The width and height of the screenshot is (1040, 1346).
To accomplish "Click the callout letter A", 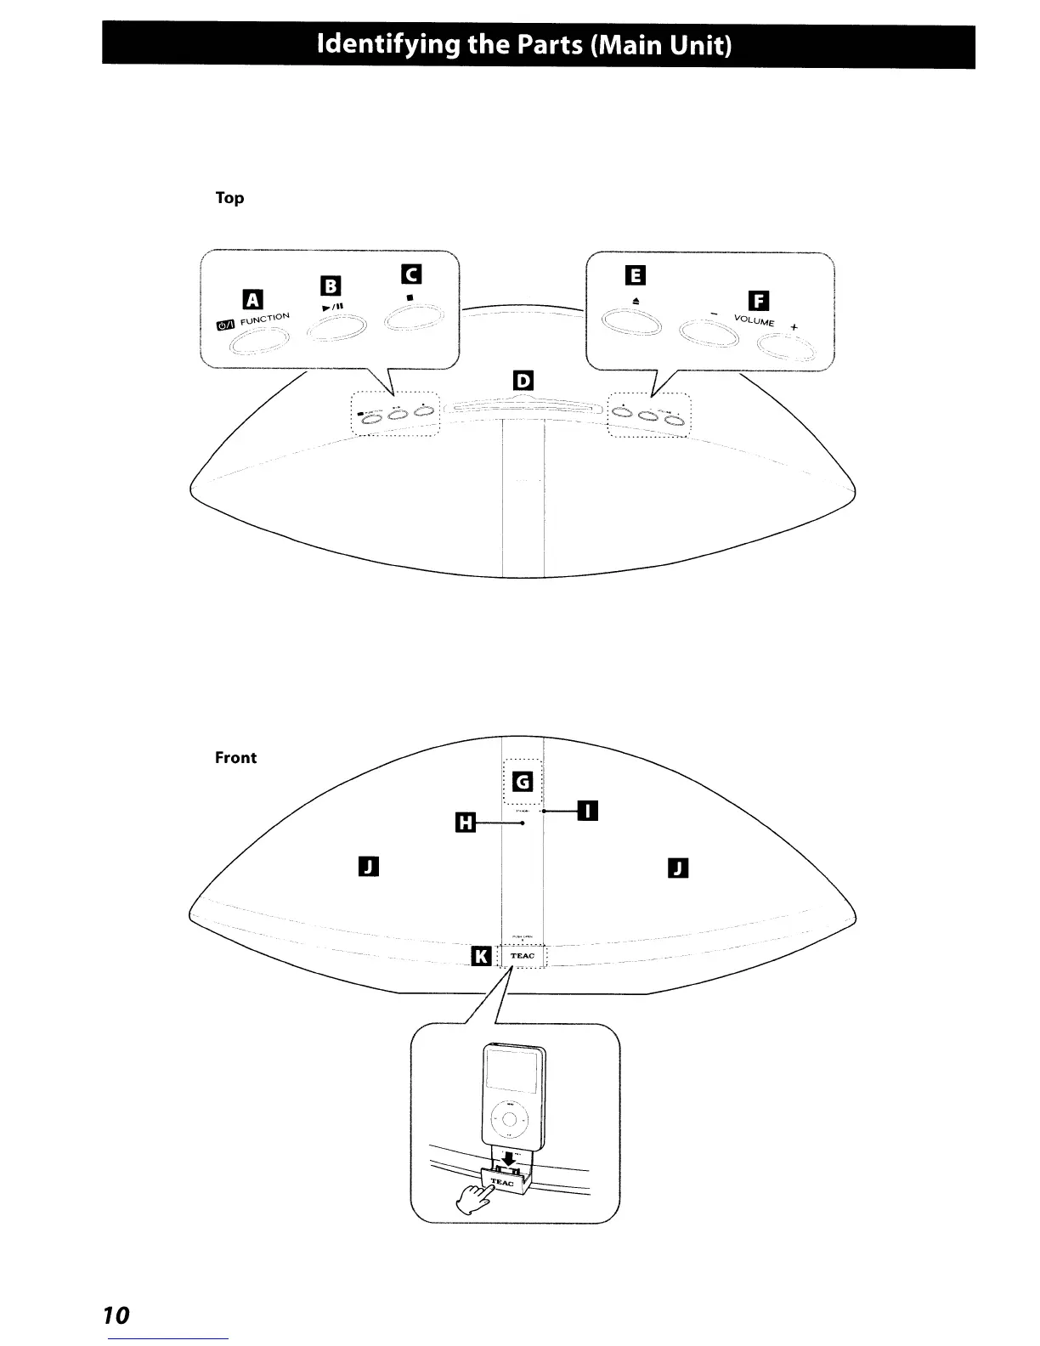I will (253, 299).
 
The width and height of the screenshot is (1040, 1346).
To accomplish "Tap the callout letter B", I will (330, 286).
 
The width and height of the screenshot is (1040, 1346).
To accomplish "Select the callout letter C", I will (411, 274).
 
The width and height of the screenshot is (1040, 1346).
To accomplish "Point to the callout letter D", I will (523, 380).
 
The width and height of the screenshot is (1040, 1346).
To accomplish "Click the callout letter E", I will (635, 275).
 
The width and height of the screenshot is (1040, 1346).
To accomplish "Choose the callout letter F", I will (758, 301).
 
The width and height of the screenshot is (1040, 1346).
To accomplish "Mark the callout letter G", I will (523, 781).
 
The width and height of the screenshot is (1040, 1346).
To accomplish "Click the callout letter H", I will (466, 823).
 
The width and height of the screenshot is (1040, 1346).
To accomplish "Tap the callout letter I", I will (587, 812).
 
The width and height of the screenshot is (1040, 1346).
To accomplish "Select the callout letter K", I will (480, 957).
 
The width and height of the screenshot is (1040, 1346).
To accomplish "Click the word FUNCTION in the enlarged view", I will (265, 319).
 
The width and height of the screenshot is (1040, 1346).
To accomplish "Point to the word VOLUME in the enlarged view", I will (755, 321).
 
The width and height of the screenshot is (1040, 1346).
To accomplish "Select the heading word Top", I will (229, 198).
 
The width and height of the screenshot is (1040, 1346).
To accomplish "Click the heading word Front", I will (235, 758).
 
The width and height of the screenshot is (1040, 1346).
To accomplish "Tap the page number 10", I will (116, 1315).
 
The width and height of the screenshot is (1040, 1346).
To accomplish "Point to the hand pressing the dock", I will (473, 1201).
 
